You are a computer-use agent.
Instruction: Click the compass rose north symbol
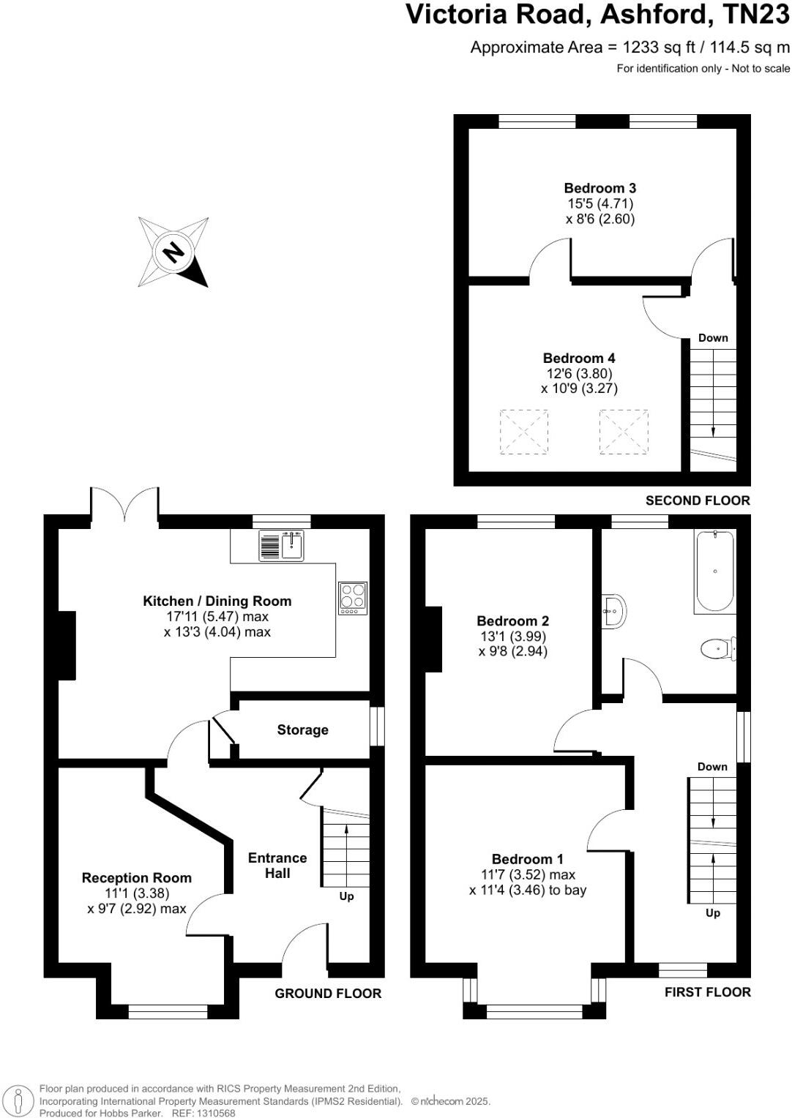174,252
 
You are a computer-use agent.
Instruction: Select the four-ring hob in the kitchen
353,598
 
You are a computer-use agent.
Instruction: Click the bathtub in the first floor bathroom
714,571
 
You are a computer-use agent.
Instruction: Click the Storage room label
302,729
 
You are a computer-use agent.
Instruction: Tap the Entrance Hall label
277,866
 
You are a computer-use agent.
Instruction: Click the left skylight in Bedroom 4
524,432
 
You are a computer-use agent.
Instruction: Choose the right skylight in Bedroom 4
624,432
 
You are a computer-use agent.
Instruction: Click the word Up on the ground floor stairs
346,896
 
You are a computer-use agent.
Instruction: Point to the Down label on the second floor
713,337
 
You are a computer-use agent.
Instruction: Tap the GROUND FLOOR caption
328,993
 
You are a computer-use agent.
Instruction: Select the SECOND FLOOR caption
698,500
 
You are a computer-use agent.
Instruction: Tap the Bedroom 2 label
512,620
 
